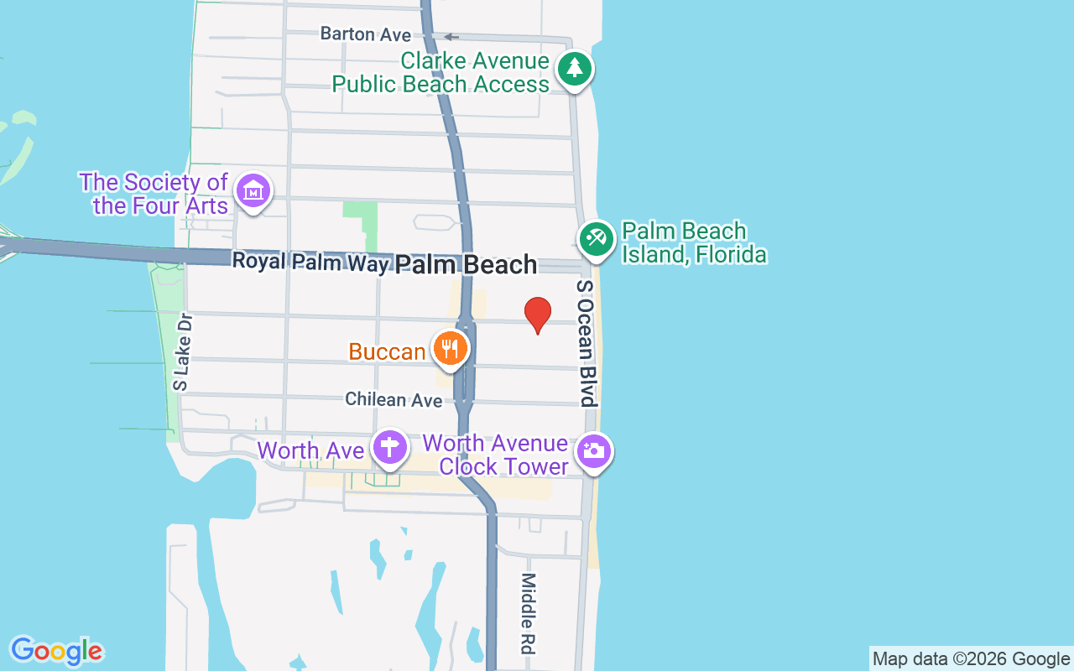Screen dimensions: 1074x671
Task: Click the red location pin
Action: click(537, 314)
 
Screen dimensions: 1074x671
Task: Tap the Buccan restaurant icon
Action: click(451, 347)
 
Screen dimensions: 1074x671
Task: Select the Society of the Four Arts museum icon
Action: click(253, 191)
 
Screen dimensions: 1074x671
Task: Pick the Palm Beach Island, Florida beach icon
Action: click(597, 238)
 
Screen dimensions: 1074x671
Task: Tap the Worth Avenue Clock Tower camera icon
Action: click(594, 451)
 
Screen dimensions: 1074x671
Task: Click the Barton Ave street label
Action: click(366, 34)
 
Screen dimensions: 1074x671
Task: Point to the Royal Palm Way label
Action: click(310, 262)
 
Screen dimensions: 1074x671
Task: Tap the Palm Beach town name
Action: click(466, 265)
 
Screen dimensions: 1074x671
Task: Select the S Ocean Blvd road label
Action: click(585, 344)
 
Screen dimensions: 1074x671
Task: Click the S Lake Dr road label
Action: click(182, 352)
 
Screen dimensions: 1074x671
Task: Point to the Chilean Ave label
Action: click(394, 400)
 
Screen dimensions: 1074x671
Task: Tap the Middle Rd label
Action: click(529, 613)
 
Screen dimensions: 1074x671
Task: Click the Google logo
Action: click(56, 651)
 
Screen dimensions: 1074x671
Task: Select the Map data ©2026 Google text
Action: click(972, 659)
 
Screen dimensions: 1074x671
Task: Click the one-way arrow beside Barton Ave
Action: click(451, 36)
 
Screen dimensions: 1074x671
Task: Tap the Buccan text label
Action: click(388, 351)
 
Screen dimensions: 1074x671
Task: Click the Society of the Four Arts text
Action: click(154, 194)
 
